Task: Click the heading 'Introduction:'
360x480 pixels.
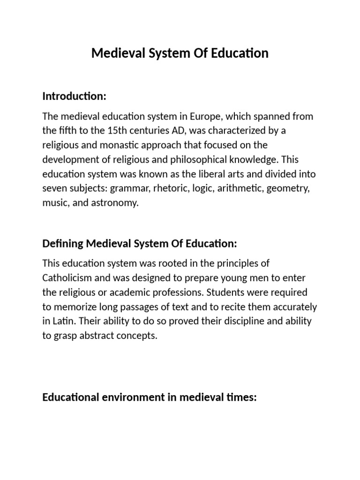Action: tap(75, 96)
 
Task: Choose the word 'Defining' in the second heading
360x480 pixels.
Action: tap(63, 244)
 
